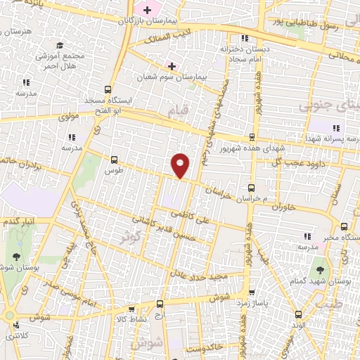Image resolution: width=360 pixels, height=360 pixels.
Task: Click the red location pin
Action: tap(181, 165)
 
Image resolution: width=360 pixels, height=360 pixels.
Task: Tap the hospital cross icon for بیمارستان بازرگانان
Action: tap(147, 10)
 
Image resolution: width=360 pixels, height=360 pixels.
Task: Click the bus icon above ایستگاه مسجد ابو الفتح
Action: tap(108, 89)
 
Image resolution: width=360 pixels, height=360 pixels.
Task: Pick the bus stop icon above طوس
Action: tap(114, 160)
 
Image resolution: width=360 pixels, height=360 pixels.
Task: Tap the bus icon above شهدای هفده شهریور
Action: tap(252, 138)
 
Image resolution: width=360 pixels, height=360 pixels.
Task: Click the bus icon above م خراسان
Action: tap(252, 188)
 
